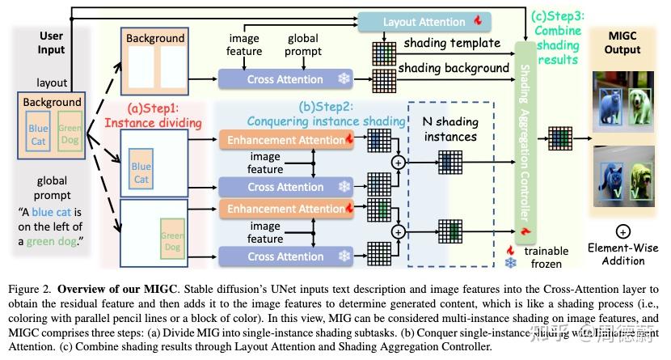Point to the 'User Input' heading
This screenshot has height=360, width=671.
click(51, 42)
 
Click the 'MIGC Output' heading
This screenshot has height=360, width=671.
click(622, 42)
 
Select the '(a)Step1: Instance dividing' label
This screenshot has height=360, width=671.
click(165, 115)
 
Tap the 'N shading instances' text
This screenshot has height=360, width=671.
click(450, 129)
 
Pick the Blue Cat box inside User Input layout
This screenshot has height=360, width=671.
click(38, 133)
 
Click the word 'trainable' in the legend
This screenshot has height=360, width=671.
click(547, 250)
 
